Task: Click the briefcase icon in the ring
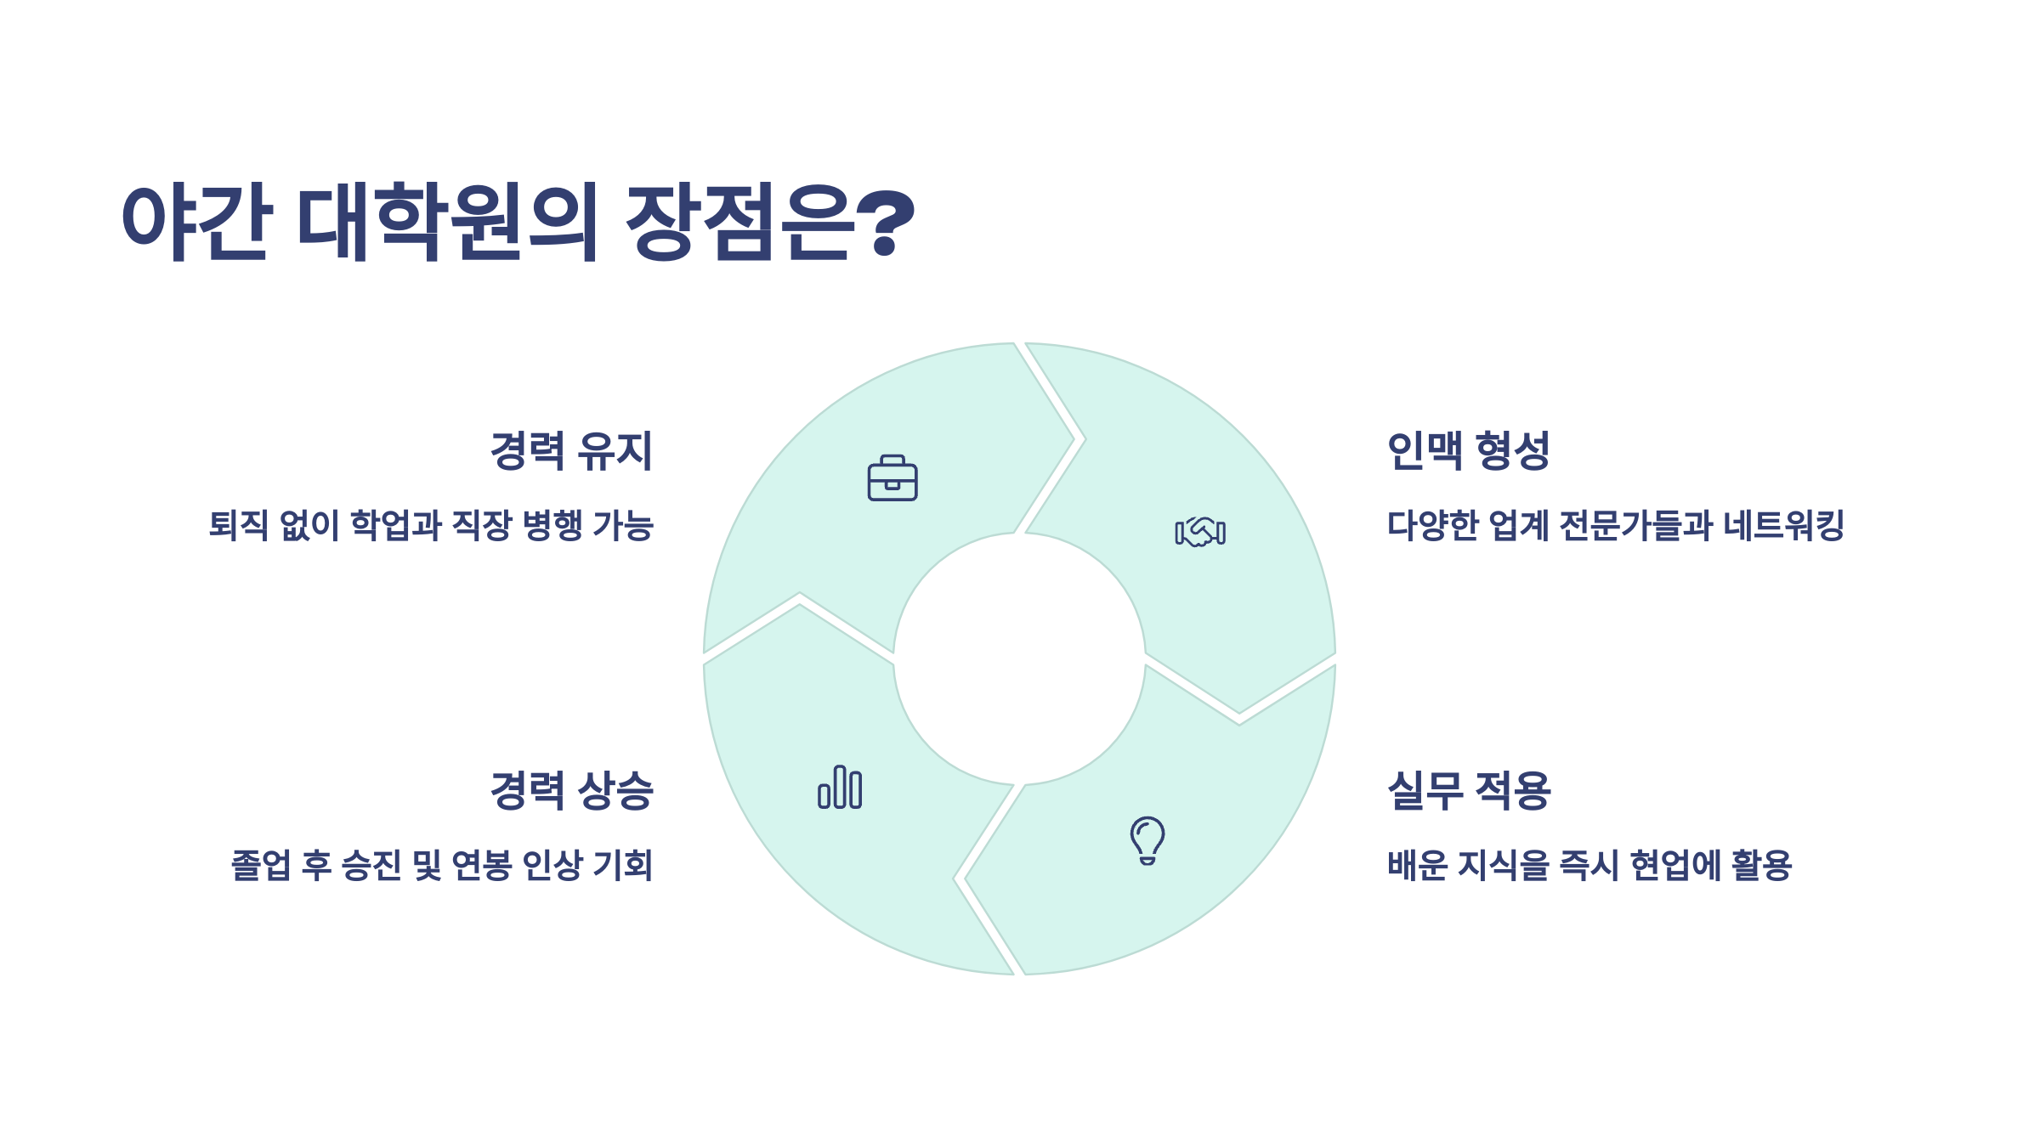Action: click(892, 478)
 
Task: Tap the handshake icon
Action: click(1199, 532)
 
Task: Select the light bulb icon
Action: click(1147, 840)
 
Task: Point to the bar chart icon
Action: click(840, 787)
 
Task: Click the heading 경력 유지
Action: click(571, 450)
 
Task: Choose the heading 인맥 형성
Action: click(1468, 450)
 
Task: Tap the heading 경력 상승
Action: click(571, 790)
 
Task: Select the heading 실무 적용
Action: click(1468, 790)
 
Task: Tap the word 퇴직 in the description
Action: click(239, 525)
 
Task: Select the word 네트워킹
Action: click(1783, 525)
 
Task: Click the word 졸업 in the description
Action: click(261, 866)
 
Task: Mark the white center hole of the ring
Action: click(1019, 659)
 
